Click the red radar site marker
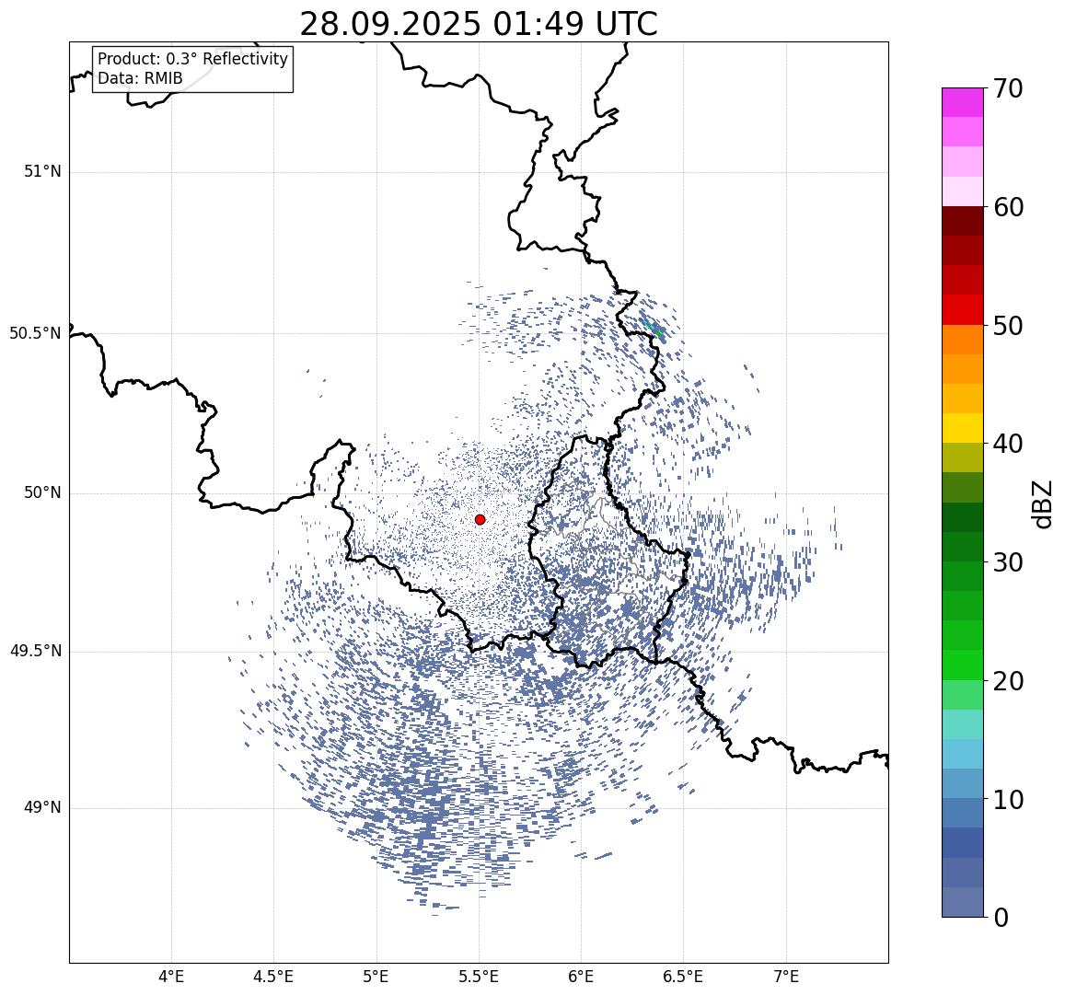(480, 519)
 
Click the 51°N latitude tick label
(42, 171)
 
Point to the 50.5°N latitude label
(35, 333)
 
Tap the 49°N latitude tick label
(42, 808)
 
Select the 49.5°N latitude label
(35, 652)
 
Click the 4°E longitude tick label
(171, 976)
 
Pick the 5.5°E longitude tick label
(479, 976)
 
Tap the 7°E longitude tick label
(786, 976)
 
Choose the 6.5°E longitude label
(684, 976)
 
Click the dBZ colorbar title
(1042, 504)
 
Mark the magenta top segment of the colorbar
(962, 102)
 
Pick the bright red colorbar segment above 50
(962, 309)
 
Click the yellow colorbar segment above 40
(962, 428)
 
